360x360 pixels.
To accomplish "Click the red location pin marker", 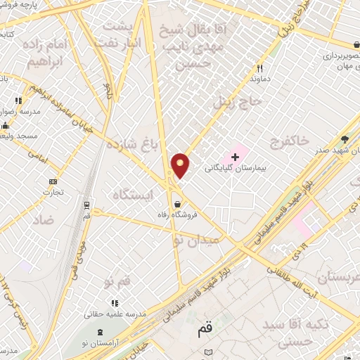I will [180, 165].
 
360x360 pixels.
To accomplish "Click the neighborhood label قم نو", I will [117, 281].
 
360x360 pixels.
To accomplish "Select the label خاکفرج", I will [290, 142].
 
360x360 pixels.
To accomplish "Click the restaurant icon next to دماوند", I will [259, 69].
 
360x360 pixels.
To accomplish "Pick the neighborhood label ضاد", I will [42, 219].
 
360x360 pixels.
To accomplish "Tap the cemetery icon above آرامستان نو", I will [100, 331].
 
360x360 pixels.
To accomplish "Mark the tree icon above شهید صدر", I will [344, 139].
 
